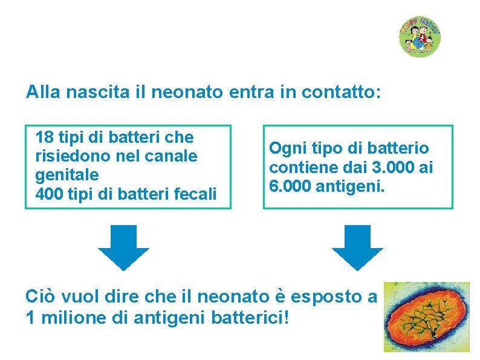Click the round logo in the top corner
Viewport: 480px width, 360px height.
[419, 36]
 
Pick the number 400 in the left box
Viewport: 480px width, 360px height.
[49, 195]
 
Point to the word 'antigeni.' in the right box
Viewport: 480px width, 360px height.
[351, 186]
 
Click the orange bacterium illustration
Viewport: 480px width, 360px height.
[427, 316]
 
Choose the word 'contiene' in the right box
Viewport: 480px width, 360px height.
[297, 167]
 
